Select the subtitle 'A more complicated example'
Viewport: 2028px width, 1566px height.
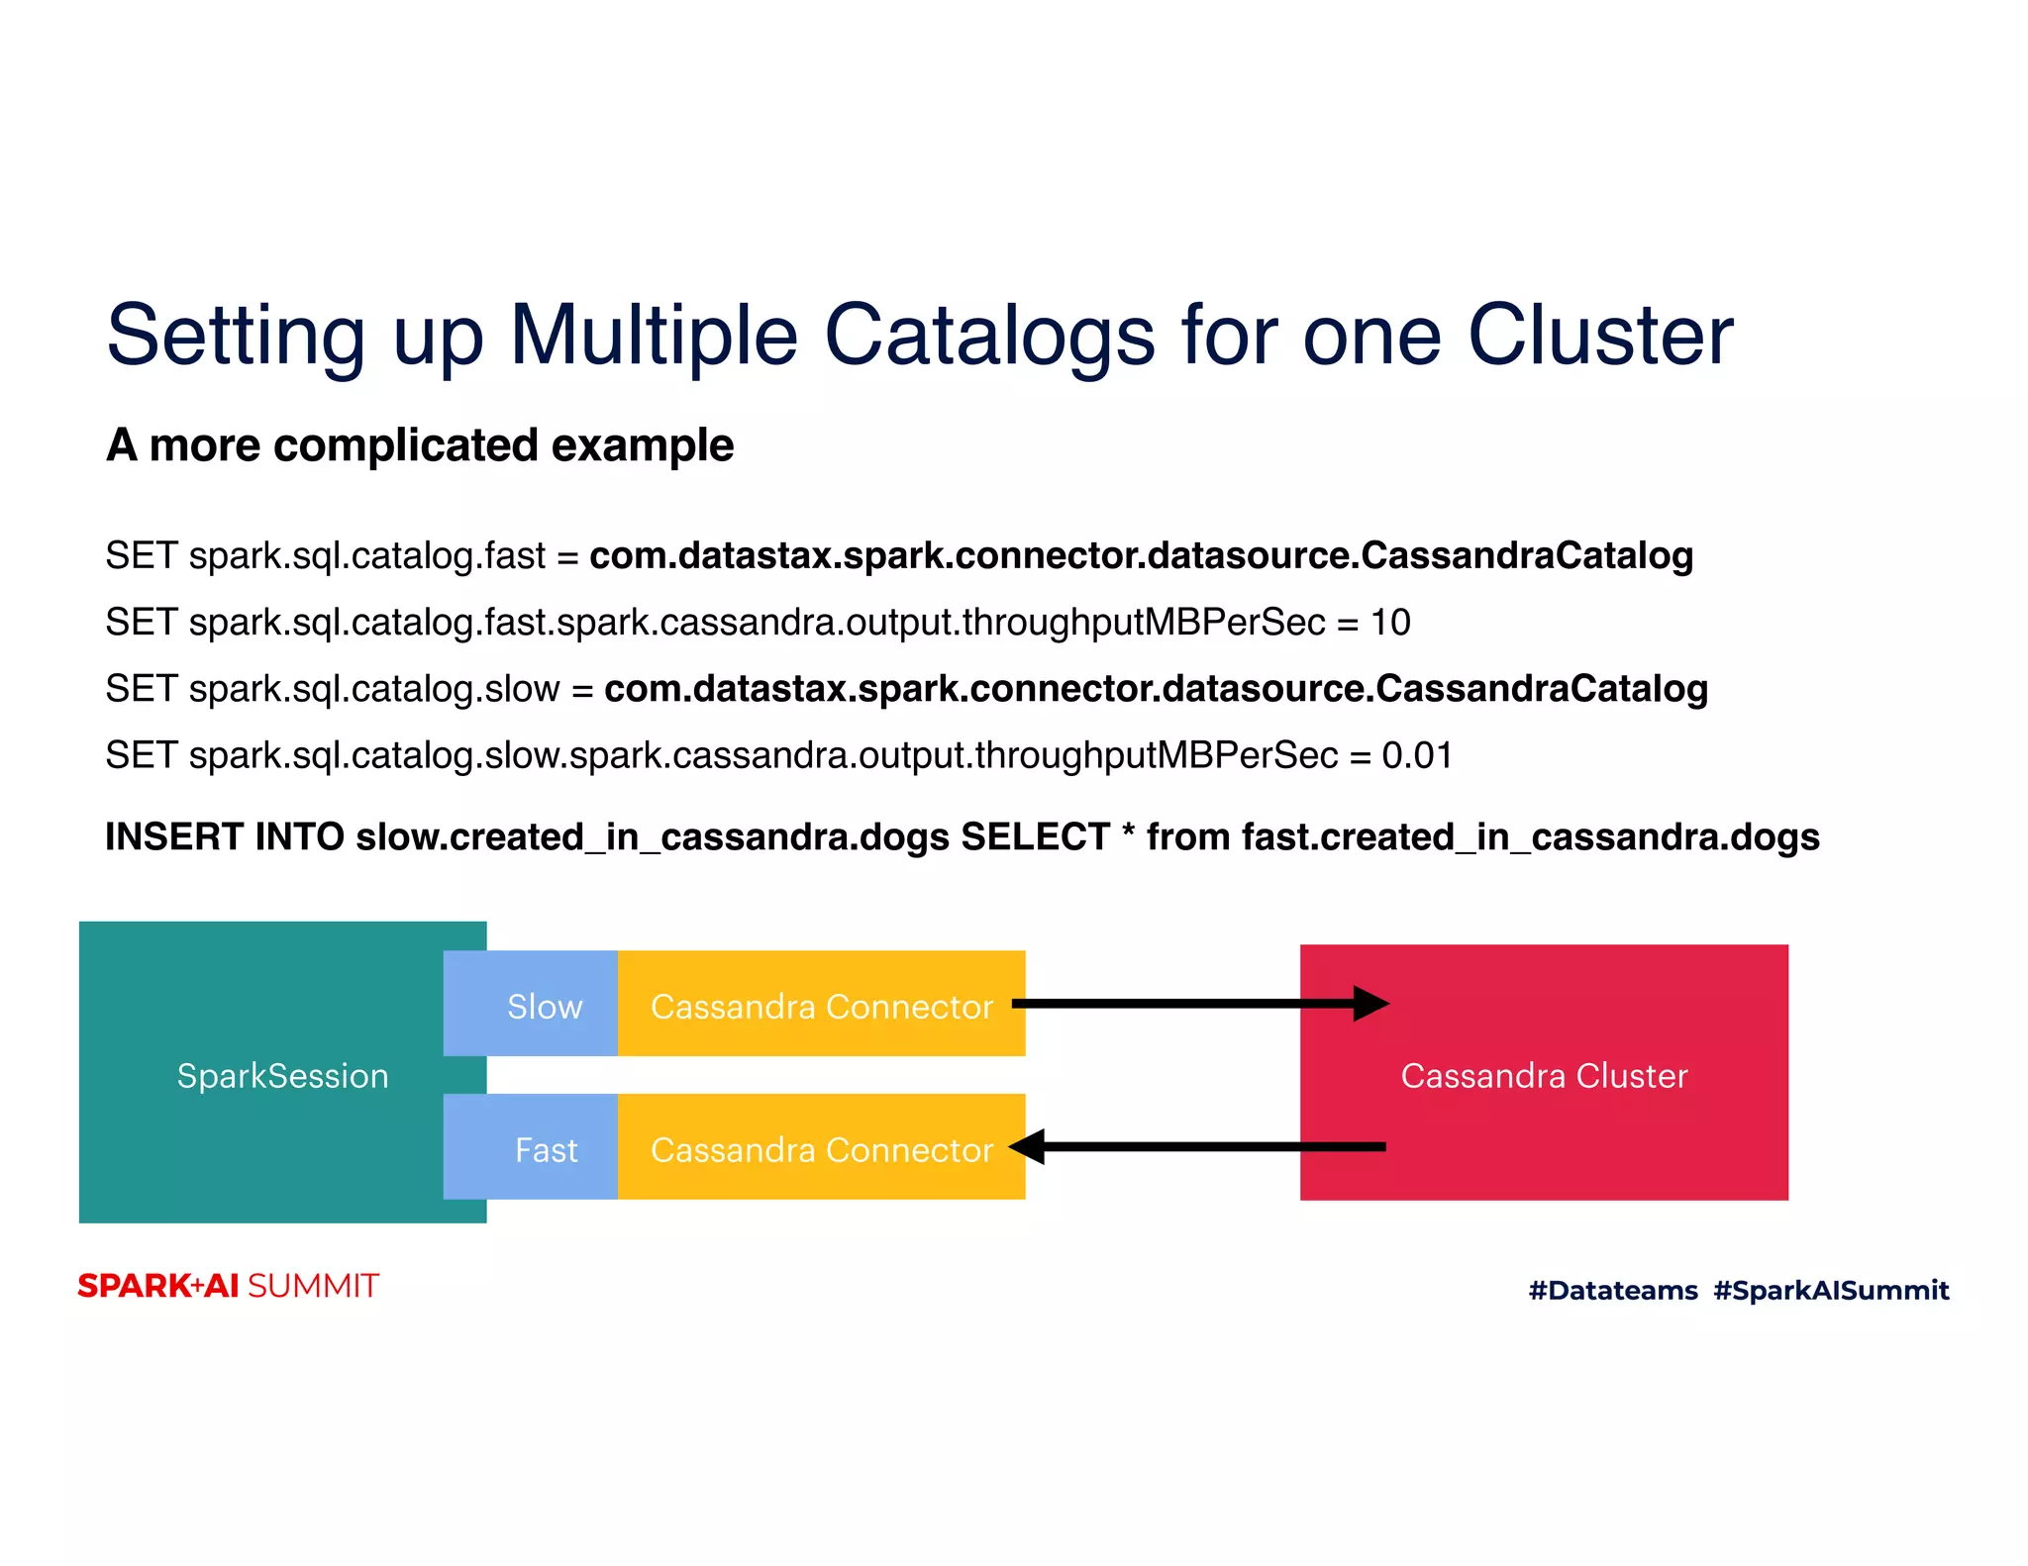pos(420,445)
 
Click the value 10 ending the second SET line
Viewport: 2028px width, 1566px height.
pos(1389,623)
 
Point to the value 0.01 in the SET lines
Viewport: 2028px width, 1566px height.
pos(1417,756)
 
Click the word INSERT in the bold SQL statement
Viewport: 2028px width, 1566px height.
pos(174,837)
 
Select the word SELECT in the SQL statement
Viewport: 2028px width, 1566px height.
pos(1035,837)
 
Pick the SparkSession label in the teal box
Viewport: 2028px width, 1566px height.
pos(282,1076)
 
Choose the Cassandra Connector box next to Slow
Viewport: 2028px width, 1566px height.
pos(821,1006)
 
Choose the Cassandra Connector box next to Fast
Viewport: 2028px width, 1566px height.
pos(821,1149)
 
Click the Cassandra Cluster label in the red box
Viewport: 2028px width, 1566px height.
pos(1543,1076)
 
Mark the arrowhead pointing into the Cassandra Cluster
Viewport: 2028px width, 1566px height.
pos(1371,1004)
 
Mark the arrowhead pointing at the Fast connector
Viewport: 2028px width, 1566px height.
pos(1028,1147)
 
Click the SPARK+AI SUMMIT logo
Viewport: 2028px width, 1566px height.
pos(228,1286)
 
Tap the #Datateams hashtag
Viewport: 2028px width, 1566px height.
pos(1612,1291)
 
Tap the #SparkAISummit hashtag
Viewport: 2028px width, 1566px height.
pos(1831,1291)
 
